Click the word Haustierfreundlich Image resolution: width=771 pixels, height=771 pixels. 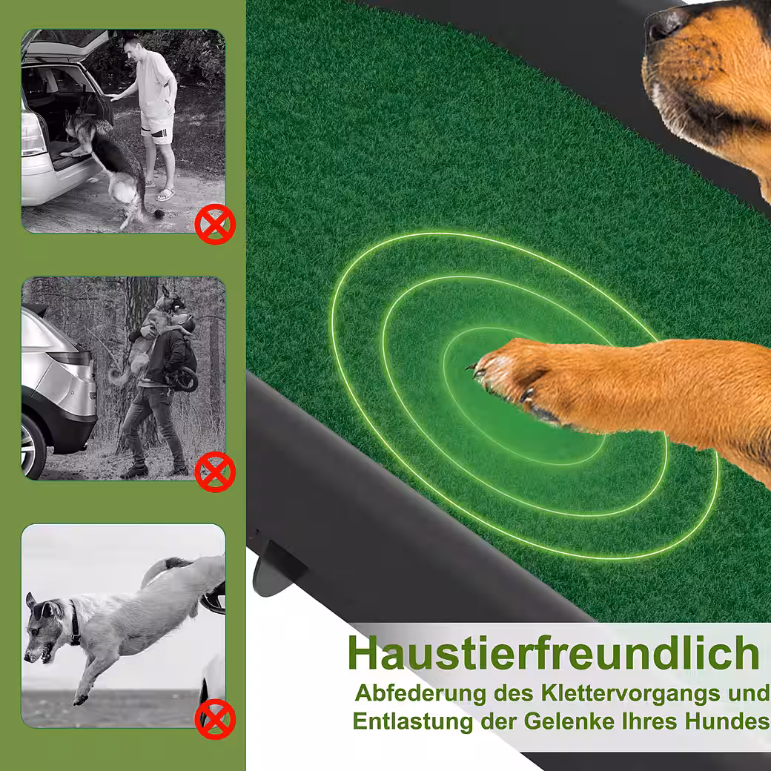pyautogui.click(x=554, y=653)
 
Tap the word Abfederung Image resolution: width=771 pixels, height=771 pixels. pyautogui.click(x=420, y=693)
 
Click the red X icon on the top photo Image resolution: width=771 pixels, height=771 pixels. pyautogui.click(x=215, y=224)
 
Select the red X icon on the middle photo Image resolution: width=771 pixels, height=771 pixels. pyautogui.click(x=215, y=472)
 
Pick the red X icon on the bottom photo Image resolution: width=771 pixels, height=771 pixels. pyautogui.click(x=215, y=719)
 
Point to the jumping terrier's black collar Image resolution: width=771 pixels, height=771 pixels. pyautogui.click(x=74, y=623)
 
